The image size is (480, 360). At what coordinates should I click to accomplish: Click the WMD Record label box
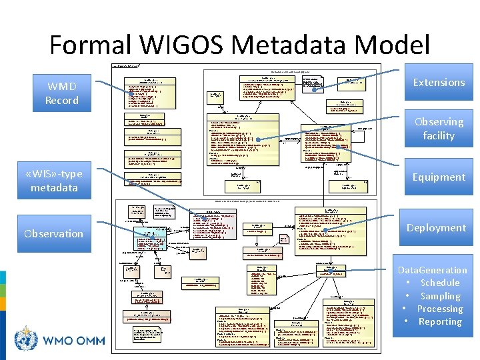coord(61,93)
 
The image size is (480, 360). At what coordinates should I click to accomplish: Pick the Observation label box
coord(53,233)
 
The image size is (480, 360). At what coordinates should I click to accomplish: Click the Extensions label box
coord(439,82)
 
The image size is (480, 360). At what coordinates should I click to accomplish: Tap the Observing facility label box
coord(439,129)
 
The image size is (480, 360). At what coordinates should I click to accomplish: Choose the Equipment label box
coord(439,177)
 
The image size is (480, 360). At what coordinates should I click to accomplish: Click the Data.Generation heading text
coord(432,270)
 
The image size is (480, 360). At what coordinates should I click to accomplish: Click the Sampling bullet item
coord(440,296)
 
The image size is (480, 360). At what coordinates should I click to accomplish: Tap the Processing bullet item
coord(440,309)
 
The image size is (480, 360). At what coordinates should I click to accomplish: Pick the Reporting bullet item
coord(440,321)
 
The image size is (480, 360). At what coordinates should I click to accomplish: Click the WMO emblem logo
coord(27,340)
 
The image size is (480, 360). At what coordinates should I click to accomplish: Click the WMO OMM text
coord(74,341)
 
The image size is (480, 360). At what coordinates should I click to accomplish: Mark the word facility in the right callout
coord(439,135)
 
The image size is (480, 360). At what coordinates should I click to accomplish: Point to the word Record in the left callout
coord(61,100)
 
